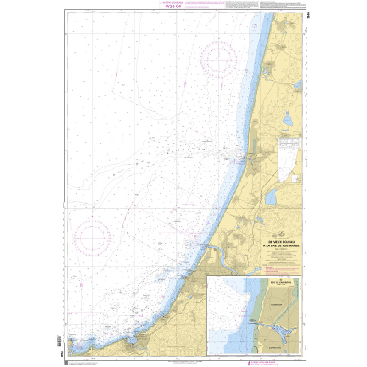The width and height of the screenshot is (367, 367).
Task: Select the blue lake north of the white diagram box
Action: (x=289, y=121)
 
